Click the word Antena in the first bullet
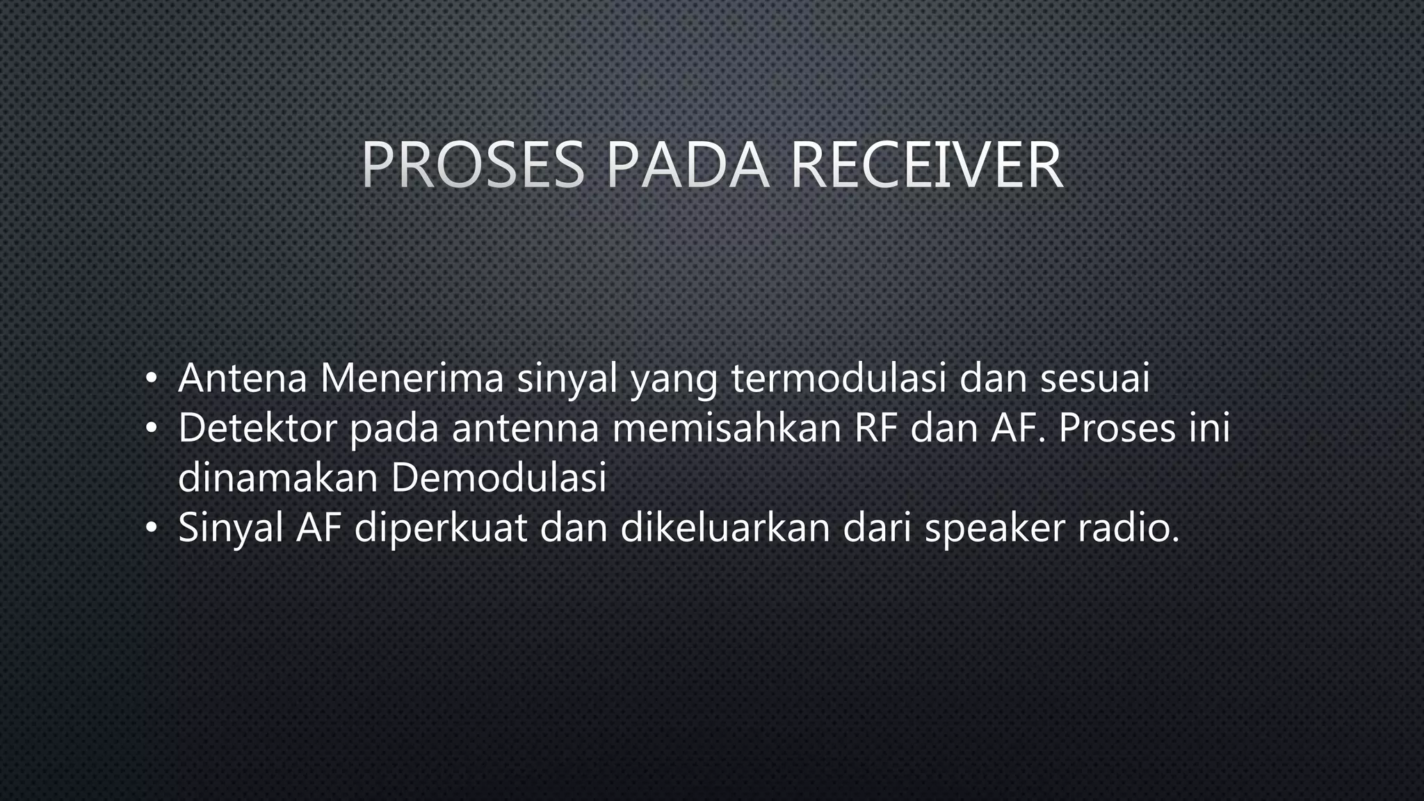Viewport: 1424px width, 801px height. [x=243, y=378]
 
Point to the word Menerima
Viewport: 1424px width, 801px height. [x=412, y=378]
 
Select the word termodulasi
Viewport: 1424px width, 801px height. [x=839, y=378]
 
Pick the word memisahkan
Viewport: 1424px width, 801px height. [x=727, y=428]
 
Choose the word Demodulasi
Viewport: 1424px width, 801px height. [x=499, y=478]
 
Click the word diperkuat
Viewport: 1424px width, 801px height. [x=441, y=528]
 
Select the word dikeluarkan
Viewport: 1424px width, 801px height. [x=725, y=528]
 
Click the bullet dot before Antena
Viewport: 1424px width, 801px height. [x=150, y=380]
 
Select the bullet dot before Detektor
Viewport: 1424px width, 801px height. [x=150, y=430]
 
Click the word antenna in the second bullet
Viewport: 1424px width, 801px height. [x=525, y=430]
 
